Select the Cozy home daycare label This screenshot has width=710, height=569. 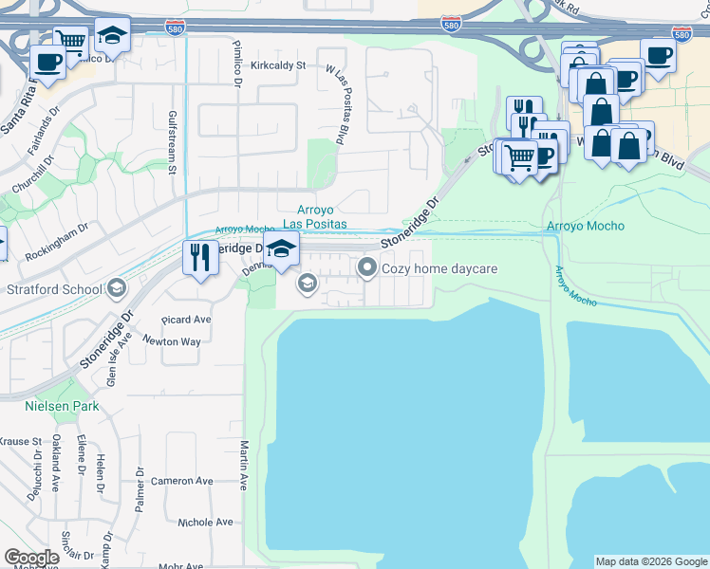coord(439,268)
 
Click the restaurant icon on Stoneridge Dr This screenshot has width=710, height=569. coord(199,259)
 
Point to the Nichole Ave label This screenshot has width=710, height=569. coord(205,522)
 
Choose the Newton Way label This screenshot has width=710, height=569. coord(172,341)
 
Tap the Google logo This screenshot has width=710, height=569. coord(31,558)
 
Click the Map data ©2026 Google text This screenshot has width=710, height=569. coord(650,561)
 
